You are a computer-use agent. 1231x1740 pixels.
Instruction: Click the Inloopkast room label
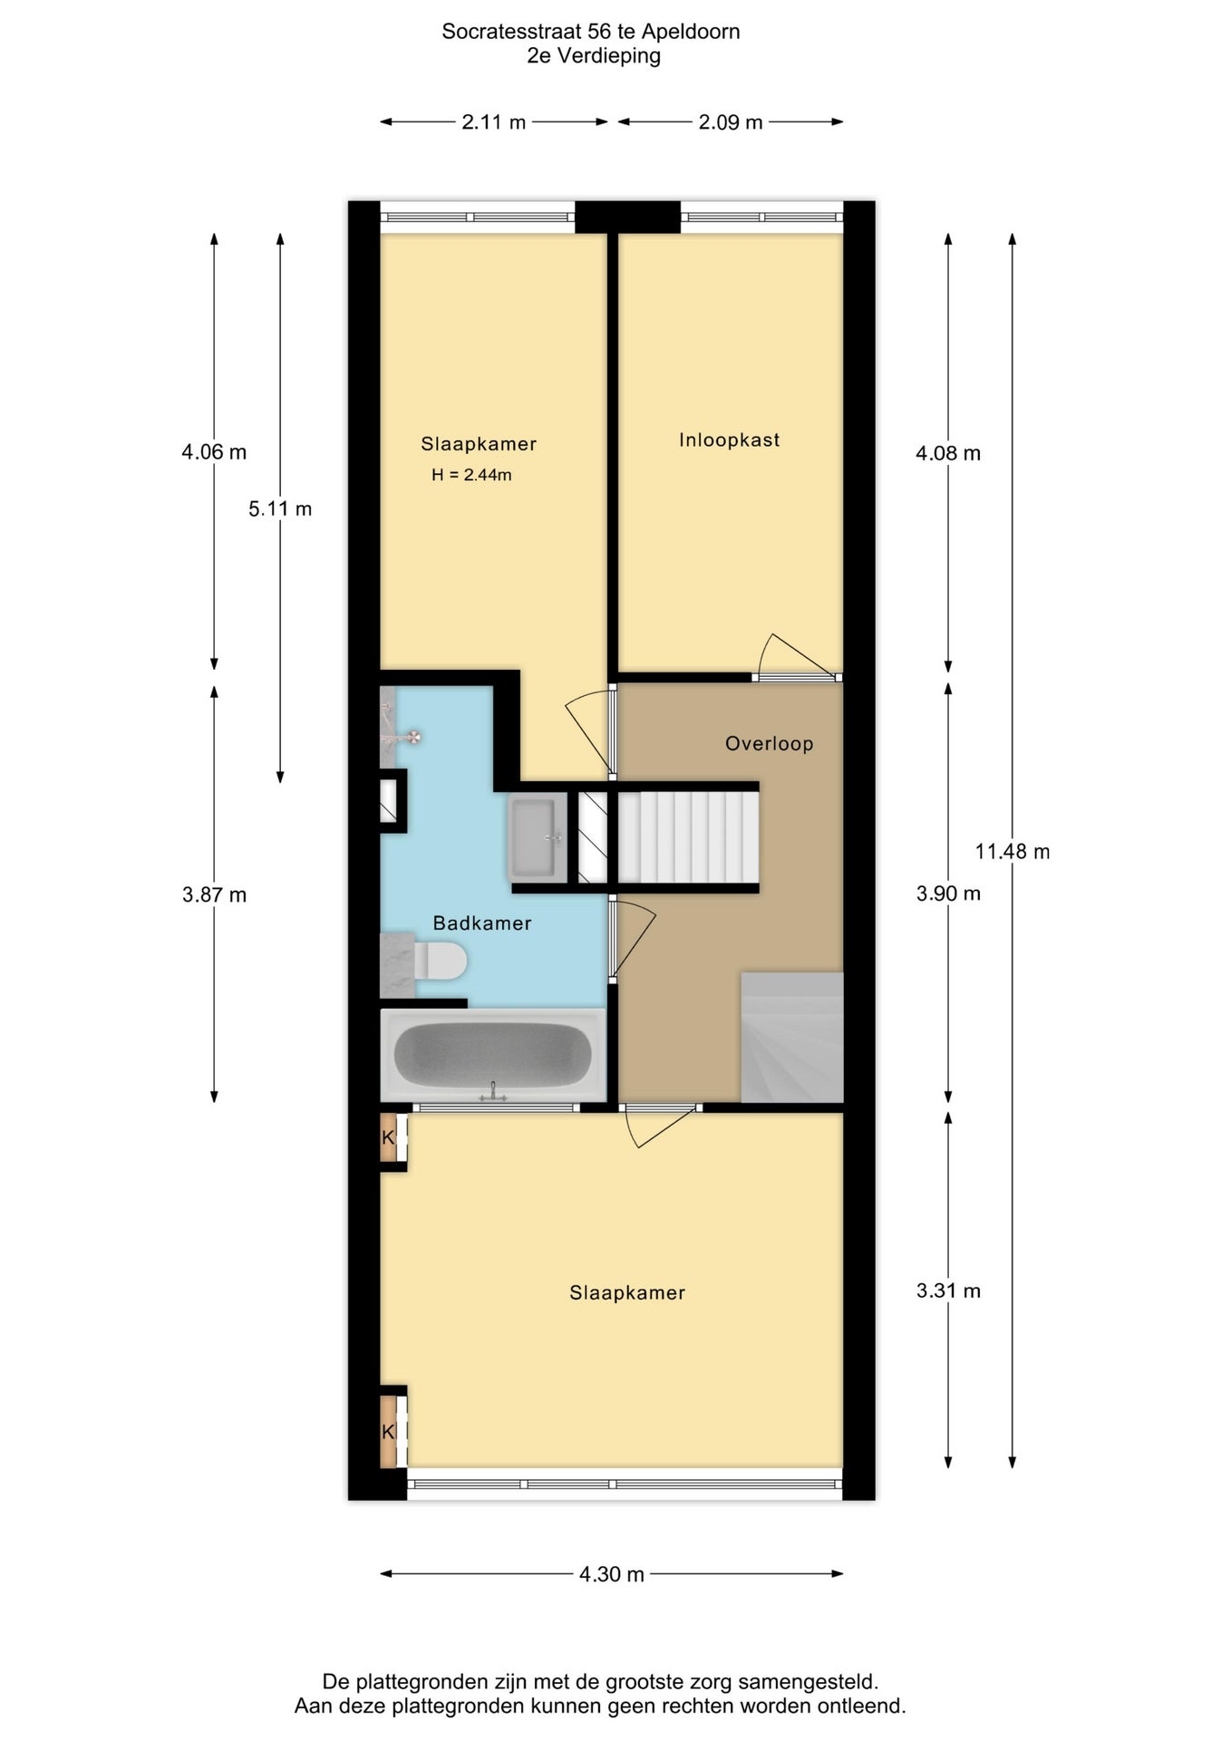(729, 440)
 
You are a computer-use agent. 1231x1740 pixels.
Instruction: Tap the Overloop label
(769, 744)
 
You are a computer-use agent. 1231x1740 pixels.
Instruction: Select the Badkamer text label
(481, 923)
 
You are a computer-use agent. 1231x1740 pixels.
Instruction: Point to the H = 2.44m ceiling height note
(471, 475)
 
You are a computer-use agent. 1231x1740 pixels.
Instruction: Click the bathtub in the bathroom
(493, 1054)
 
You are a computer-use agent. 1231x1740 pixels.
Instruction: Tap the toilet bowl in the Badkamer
(441, 961)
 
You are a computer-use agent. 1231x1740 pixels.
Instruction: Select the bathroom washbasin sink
(538, 837)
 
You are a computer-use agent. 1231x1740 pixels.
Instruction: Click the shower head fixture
(412, 737)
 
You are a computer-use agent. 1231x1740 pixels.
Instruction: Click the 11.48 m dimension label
(1013, 852)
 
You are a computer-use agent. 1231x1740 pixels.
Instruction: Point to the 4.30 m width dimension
(612, 1574)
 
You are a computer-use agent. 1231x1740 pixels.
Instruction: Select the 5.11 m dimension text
(280, 509)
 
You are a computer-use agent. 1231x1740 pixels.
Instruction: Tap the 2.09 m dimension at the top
(731, 122)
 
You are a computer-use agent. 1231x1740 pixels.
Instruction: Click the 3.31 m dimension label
(948, 1290)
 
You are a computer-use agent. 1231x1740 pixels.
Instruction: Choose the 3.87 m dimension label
(214, 895)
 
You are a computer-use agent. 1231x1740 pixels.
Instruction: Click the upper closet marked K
(389, 1137)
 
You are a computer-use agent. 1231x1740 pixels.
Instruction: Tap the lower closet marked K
(389, 1432)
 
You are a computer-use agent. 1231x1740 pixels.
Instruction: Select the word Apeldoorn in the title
(691, 32)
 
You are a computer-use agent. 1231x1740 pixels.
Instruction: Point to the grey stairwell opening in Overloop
(792, 1038)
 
